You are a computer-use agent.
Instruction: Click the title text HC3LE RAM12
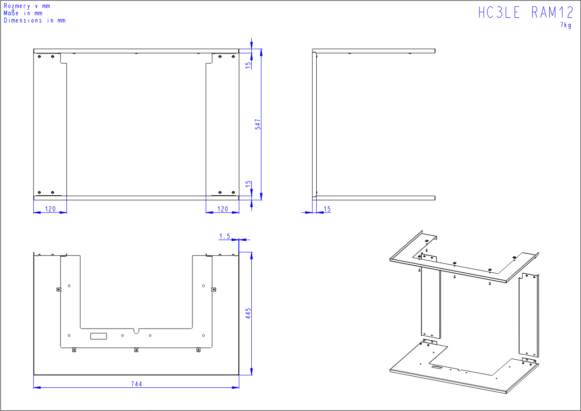[x=526, y=12]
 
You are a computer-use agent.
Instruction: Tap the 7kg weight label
[x=566, y=25]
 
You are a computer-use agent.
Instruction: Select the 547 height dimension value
[x=258, y=124]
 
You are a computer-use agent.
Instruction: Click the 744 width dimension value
[x=136, y=384]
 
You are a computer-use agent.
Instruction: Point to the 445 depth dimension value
[x=249, y=313]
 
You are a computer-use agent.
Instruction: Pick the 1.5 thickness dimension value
[x=225, y=237]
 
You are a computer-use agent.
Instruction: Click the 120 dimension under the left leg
[x=50, y=209]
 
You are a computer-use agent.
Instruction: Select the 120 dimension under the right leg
[x=222, y=209]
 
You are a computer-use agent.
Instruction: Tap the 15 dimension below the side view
[x=327, y=209]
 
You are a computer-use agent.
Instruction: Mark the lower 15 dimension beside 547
[x=249, y=184]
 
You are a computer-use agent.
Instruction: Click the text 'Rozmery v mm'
[x=27, y=6]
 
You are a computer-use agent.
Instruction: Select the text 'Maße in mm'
[x=23, y=13]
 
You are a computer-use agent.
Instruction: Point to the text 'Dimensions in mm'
[x=34, y=20]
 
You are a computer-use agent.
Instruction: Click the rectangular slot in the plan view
[x=99, y=336]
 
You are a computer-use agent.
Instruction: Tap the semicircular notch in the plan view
[x=136, y=331]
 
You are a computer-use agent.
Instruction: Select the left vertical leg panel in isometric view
[x=430, y=303]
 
